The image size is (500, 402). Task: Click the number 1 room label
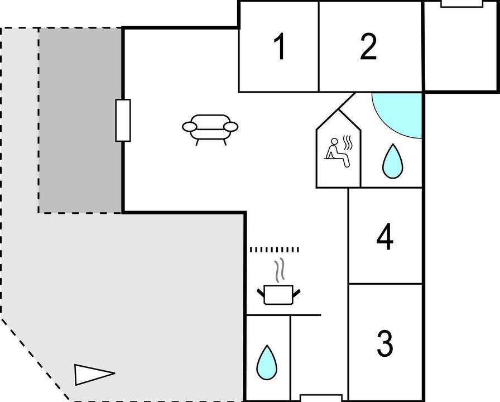click(280, 46)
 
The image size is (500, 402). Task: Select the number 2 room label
click(368, 47)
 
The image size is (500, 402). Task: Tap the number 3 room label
click(385, 343)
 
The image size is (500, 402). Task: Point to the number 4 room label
click(385, 237)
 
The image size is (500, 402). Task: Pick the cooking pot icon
click(278, 294)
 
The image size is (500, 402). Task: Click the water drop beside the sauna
click(392, 161)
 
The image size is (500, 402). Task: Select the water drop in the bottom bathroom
click(267, 362)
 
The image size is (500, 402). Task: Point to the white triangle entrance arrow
click(94, 374)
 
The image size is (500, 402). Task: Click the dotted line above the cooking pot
click(275, 250)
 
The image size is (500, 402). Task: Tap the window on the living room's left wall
click(123, 120)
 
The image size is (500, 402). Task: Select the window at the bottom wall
click(321, 398)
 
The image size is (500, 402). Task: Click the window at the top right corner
click(461, 3)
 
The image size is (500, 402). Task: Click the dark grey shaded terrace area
click(80, 120)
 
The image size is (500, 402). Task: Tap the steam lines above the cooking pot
click(280, 270)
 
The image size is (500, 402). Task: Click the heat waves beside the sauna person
click(348, 142)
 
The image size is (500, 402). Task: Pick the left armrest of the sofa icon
click(189, 127)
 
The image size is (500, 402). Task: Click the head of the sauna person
click(334, 141)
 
